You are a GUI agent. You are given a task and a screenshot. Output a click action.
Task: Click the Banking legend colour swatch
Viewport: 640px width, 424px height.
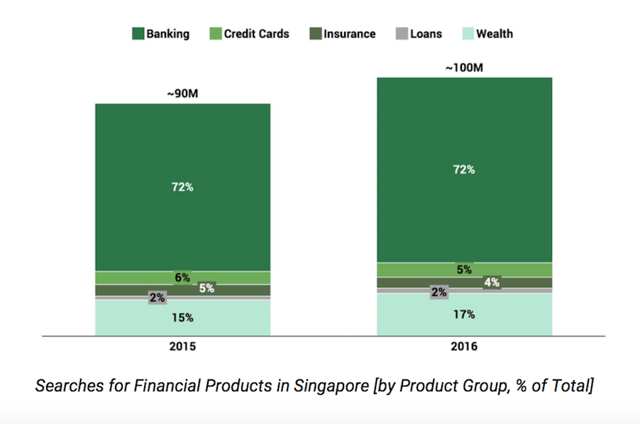tap(138, 33)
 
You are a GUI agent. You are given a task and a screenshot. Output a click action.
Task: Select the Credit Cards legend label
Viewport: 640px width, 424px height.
tap(256, 33)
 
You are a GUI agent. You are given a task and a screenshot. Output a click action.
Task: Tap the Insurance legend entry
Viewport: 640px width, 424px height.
tap(349, 33)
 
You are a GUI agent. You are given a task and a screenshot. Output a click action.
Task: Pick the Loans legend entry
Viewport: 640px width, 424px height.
tap(426, 33)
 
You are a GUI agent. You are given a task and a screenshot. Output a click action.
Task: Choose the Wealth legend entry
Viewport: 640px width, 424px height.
tap(495, 33)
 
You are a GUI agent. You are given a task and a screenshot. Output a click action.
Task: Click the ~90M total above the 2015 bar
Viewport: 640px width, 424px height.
tap(182, 94)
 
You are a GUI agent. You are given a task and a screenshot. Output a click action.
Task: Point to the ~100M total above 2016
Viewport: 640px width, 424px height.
tap(465, 67)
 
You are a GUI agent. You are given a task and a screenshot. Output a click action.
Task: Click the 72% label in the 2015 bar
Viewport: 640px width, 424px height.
tap(182, 187)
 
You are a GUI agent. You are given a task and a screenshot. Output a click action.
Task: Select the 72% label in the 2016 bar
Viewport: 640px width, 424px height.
tap(465, 169)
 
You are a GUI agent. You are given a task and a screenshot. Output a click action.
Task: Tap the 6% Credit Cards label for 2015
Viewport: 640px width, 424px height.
tap(182, 277)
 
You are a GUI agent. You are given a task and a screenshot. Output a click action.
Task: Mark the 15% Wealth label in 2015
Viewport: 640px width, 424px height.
tap(182, 318)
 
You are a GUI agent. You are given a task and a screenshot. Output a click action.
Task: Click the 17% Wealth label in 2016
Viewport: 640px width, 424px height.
tap(465, 314)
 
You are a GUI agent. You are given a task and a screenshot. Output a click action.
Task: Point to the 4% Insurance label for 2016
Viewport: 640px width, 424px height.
tap(492, 282)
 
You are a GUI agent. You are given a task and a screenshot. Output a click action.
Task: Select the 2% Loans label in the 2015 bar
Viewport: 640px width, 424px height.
tap(157, 298)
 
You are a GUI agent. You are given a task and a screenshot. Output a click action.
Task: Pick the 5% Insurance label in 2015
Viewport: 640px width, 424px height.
tap(206, 288)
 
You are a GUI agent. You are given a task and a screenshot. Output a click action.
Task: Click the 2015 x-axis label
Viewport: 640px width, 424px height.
tap(182, 347)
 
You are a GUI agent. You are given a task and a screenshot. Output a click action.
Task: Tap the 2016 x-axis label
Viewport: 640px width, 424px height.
tap(465, 347)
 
